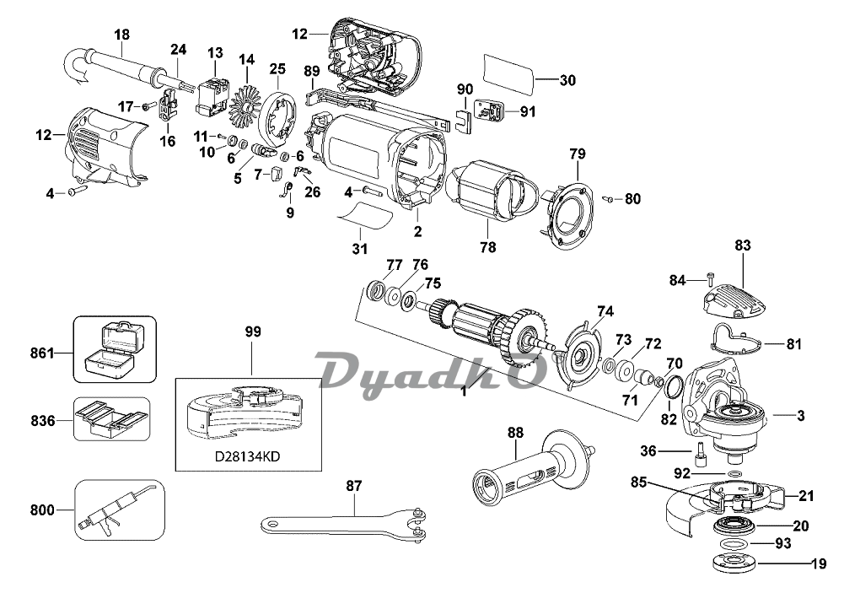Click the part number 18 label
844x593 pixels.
point(121,35)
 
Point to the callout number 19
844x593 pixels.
point(818,564)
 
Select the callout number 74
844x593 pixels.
point(602,310)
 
